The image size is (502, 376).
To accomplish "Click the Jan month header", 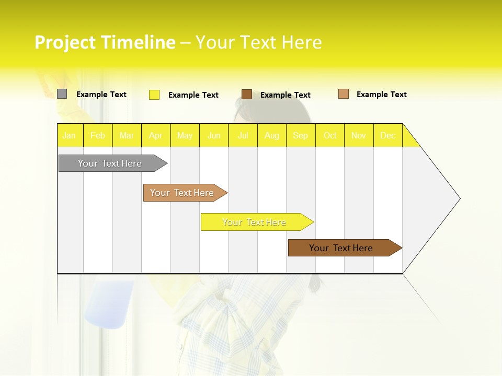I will point(69,136).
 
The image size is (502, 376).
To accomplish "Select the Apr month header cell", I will point(155,136).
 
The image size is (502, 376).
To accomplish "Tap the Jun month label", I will point(214,136).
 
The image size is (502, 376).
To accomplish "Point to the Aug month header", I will point(271,136).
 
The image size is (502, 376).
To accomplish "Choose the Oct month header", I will point(330,136).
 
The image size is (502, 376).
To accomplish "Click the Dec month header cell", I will point(387,136).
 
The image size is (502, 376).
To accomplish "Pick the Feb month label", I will point(98,136).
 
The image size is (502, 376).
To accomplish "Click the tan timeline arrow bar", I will point(183,193).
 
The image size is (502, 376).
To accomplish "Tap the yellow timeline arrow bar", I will point(255,222).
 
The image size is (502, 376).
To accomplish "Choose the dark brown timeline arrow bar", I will point(343,248).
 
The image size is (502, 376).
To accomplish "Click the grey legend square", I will point(62,94).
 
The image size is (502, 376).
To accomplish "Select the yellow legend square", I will point(154,95).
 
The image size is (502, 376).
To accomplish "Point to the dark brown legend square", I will point(247,95).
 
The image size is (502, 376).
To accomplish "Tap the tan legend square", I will point(344,94).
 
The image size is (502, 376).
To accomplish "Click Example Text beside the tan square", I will point(381,95).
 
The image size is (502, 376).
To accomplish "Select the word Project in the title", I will point(65,42).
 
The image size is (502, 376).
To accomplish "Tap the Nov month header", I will point(359,136).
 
